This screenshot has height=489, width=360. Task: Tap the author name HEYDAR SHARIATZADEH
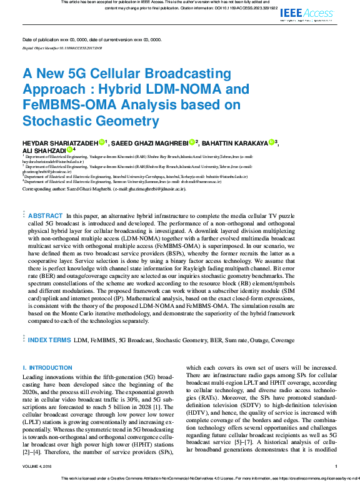60,142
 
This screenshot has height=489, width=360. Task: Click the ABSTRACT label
47,215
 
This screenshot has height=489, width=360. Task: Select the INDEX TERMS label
49,340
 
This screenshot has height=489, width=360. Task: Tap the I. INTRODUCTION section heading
47,368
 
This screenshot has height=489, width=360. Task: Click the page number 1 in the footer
336,466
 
